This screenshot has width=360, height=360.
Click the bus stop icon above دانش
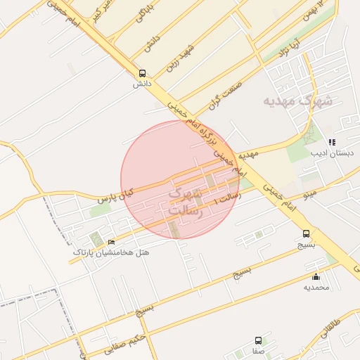click(x=143, y=73)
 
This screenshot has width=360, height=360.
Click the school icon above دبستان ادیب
click(x=332, y=142)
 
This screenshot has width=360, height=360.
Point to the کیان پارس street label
click(x=115, y=191)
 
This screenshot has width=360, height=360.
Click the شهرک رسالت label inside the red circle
click(x=186, y=201)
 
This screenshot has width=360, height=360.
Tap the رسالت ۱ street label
click(x=227, y=200)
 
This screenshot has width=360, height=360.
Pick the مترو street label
click(x=311, y=193)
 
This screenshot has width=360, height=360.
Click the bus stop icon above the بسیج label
click(x=306, y=233)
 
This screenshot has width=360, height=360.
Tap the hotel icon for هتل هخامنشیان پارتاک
click(x=111, y=243)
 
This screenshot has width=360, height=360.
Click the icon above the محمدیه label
click(x=316, y=276)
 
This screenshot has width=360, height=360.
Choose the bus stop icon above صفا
click(x=258, y=340)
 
